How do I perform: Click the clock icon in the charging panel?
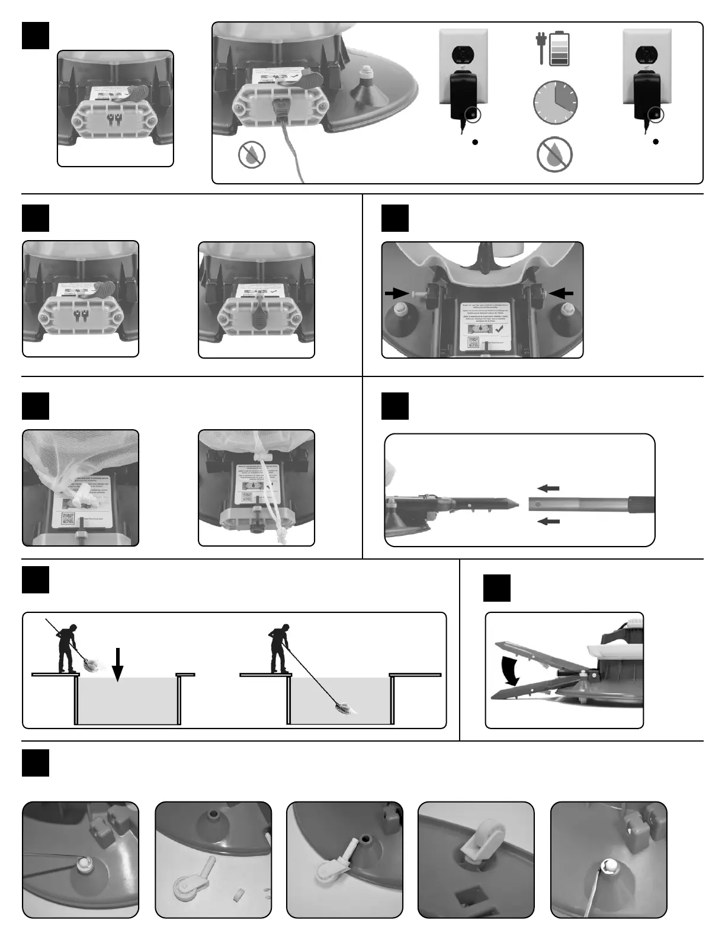(x=555, y=102)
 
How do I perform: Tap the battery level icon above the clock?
(x=560, y=49)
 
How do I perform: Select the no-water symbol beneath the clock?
(x=554, y=155)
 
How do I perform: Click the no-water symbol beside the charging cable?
(x=252, y=155)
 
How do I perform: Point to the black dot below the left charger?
(x=475, y=142)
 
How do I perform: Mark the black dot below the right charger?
(x=656, y=142)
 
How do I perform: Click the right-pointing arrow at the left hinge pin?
(x=396, y=292)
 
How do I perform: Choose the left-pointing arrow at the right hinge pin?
(x=562, y=292)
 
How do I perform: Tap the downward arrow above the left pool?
(x=118, y=665)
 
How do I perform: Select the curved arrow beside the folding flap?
(x=509, y=668)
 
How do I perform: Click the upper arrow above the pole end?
(x=549, y=488)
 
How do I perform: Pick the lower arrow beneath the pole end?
(x=549, y=521)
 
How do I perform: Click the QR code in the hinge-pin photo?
(x=473, y=343)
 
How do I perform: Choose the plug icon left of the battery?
(x=541, y=49)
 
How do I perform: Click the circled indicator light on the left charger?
(x=473, y=113)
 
